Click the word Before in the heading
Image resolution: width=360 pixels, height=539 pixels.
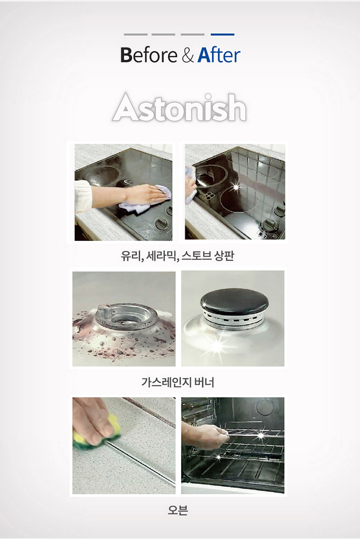pyautogui.click(x=149, y=55)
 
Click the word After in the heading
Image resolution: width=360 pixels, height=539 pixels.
pyautogui.click(x=219, y=55)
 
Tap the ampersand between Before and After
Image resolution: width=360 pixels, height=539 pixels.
pyautogui.click(x=188, y=55)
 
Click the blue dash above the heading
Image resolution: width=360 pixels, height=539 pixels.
pyautogui.click(x=222, y=35)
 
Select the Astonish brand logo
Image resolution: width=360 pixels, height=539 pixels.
pyautogui.click(x=180, y=107)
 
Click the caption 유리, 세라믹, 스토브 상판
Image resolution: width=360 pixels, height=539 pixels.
pyautogui.click(x=177, y=256)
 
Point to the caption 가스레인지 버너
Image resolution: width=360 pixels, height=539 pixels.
pyautogui.click(x=178, y=382)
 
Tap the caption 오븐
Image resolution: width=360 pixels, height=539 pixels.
pyautogui.click(x=178, y=510)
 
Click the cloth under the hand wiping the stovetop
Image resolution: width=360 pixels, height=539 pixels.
pyautogui.click(x=144, y=202)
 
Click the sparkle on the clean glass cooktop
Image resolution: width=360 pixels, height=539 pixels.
pyautogui.click(x=236, y=187)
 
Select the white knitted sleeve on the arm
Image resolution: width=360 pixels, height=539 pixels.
pyautogui.click(x=83, y=196)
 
